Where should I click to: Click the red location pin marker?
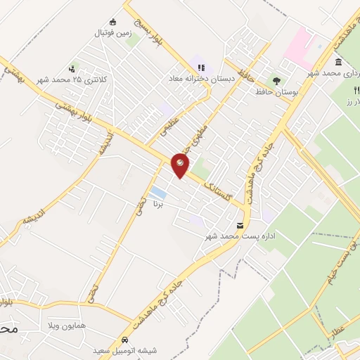tap(180, 166)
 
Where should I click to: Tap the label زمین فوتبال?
tap(112, 32)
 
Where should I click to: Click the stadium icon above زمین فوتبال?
tap(113, 22)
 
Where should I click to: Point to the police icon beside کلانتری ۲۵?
tap(72, 69)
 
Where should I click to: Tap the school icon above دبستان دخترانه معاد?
tap(201, 68)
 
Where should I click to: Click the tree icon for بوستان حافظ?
tap(276, 80)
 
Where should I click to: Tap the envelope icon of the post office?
tap(241, 226)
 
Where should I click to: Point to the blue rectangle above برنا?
tap(159, 192)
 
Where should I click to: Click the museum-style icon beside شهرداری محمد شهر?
tap(339, 62)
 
